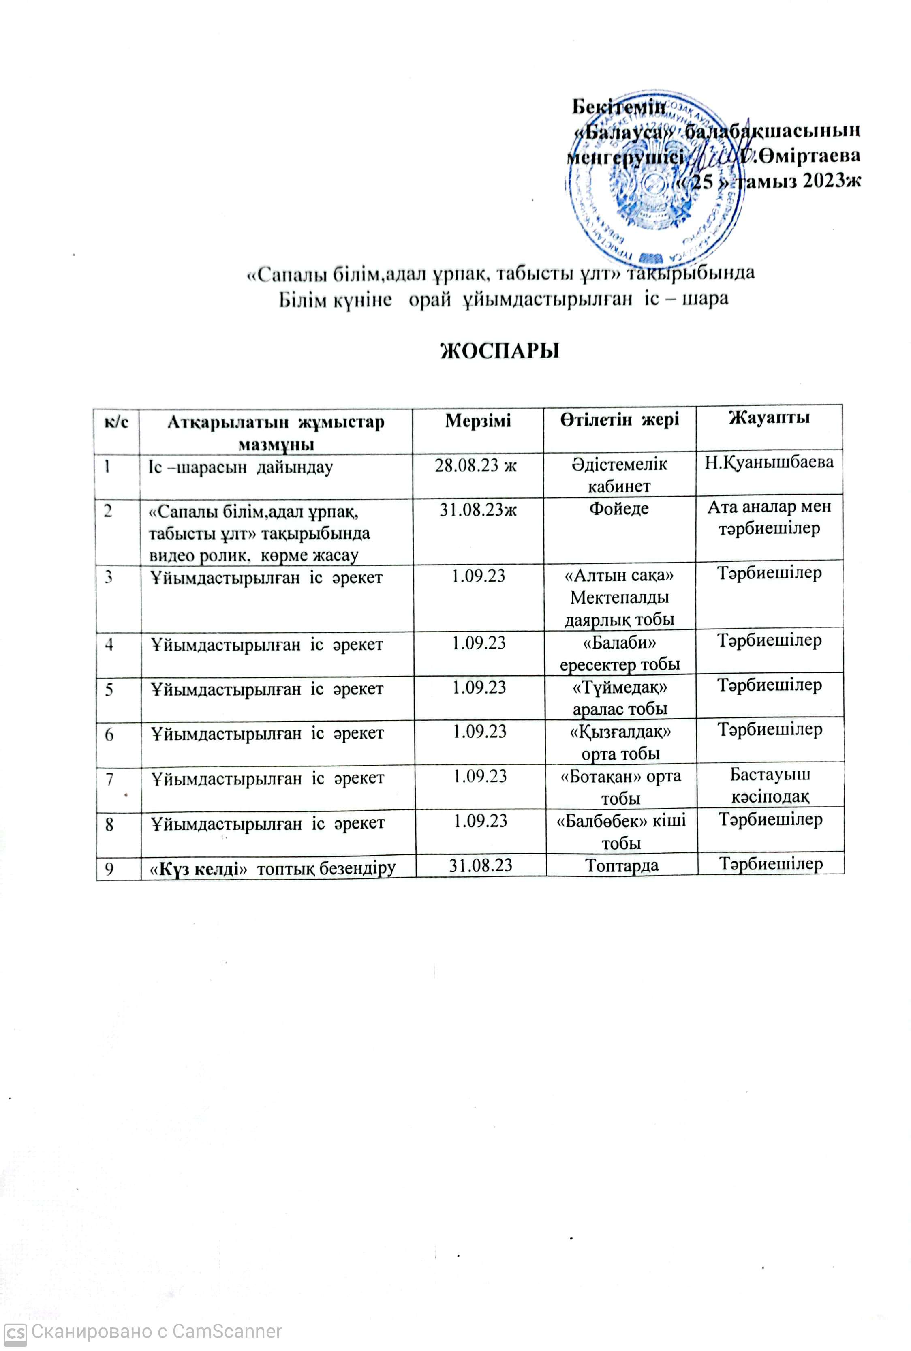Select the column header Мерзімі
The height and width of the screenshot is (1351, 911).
(x=478, y=420)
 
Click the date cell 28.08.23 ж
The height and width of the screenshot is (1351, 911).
(x=476, y=465)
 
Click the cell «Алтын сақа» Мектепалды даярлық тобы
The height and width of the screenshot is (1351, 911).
(x=619, y=597)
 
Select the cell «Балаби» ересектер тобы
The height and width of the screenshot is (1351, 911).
(x=619, y=653)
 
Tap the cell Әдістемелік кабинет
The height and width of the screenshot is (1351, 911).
(x=619, y=475)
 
